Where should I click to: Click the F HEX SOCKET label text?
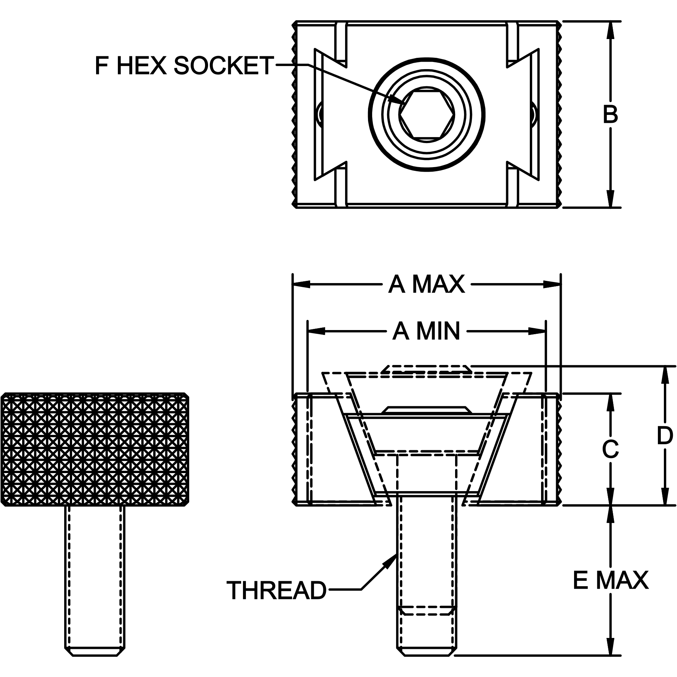tap(184, 65)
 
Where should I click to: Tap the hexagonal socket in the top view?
tap(427, 115)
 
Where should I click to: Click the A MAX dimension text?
tap(427, 284)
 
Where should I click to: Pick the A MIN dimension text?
tap(427, 331)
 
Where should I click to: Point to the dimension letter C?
tap(610, 449)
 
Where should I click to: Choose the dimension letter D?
tap(665, 436)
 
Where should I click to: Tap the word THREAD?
tap(277, 591)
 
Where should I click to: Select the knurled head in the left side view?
tap(95, 449)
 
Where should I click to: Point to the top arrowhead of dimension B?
tap(611, 30)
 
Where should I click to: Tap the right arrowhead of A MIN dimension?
tap(537, 331)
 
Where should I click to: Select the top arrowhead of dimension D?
tap(665, 375)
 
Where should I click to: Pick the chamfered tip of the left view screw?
tap(95, 652)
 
